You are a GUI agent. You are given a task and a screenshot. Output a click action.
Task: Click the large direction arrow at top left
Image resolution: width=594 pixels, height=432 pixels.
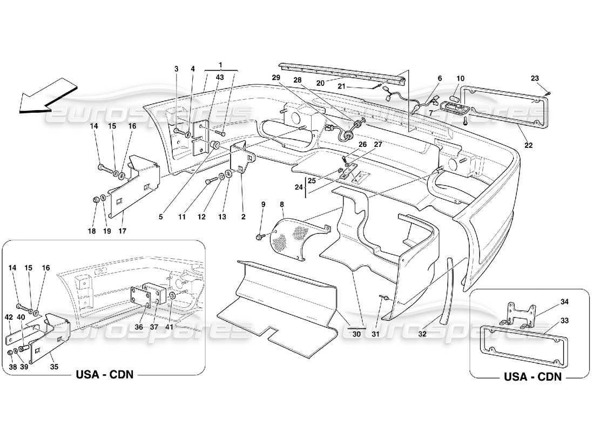pos(45,97)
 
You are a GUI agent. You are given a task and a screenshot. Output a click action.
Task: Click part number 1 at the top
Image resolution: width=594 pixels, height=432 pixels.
pos(220,65)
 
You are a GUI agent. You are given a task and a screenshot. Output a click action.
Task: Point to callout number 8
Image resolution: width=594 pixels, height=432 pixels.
pos(281,205)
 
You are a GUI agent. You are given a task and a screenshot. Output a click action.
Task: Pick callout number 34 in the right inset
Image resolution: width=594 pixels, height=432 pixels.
pos(550,301)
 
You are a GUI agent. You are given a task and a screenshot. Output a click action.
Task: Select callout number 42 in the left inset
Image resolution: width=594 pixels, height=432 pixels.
pos(9,317)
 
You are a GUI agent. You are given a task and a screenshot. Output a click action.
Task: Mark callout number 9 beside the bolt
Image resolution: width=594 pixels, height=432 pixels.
pos(263,205)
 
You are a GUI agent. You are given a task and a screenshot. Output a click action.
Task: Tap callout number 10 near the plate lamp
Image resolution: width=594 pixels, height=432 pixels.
pos(460,78)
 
